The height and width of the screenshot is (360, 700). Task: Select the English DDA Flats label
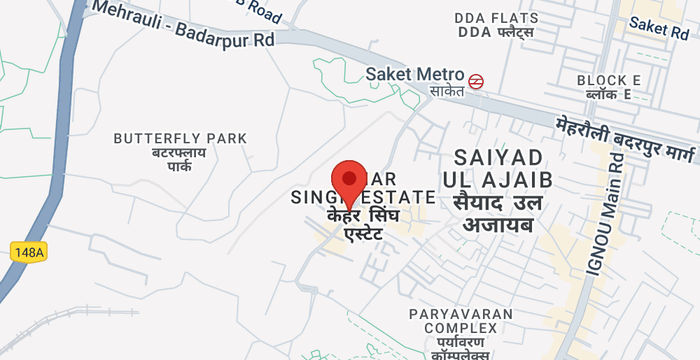coord(496,18)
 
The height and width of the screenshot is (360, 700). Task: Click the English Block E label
coord(609,80)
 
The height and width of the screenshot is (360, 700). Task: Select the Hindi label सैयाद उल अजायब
coord(498,217)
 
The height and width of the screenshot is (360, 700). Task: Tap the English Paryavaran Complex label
coord(459,321)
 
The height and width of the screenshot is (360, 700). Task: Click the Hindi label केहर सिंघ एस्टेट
coord(370,226)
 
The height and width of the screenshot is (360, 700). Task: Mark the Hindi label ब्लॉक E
coord(609,95)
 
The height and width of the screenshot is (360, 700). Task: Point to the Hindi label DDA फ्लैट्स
coord(496,33)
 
